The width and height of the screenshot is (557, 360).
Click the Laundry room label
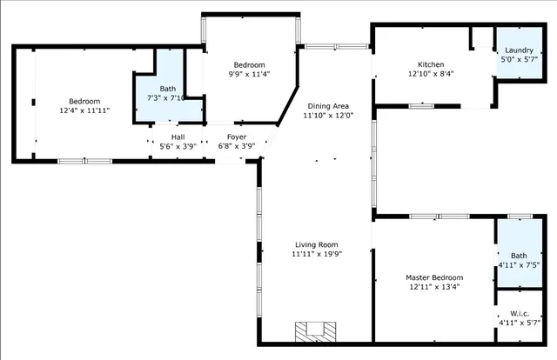click(519, 50)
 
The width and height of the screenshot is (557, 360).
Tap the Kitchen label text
click(431, 65)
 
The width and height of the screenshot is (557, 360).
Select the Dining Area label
click(327, 105)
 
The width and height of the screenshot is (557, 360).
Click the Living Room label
click(314, 244)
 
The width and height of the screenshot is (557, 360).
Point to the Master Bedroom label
click(434, 277)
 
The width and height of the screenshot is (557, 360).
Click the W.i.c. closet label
click(519, 313)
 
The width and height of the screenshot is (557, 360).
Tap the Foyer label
click(236, 137)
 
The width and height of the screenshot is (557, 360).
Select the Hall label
click(178, 137)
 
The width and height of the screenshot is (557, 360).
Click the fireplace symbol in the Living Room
click(313, 331)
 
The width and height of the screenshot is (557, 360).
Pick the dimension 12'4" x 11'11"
click(84, 111)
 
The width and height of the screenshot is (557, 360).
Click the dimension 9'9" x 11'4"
click(250, 74)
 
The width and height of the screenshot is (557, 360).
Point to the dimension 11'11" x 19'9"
click(314, 254)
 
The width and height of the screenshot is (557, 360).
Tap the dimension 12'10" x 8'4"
click(431, 74)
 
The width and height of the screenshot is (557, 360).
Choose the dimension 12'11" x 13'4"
click(434, 287)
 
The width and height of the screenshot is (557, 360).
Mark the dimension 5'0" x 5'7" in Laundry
click(519, 60)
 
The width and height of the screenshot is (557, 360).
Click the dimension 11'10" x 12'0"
click(327, 115)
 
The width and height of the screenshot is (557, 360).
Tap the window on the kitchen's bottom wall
click(421, 106)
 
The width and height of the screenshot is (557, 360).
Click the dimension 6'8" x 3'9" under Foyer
click(236, 146)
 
